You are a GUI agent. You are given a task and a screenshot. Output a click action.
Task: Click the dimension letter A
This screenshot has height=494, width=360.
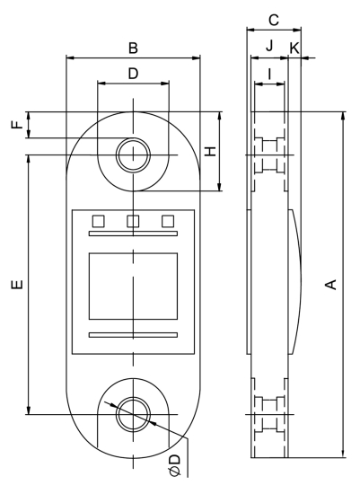(x=330, y=285)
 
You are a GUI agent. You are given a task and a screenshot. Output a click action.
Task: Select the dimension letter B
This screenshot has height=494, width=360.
(x=133, y=47)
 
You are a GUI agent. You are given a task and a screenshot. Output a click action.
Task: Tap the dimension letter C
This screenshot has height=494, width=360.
(x=274, y=18)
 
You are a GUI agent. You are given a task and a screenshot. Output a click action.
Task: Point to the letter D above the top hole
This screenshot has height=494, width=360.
(x=133, y=74)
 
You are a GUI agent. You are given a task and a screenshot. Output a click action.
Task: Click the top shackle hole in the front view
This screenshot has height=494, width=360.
(x=133, y=154)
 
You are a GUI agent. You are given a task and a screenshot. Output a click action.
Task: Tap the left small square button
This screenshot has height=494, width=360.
(x=99, y=220)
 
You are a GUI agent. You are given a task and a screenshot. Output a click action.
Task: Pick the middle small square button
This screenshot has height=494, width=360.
(x=133, y=220)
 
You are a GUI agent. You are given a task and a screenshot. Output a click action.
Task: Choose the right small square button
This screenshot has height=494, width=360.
(x=167, y=220)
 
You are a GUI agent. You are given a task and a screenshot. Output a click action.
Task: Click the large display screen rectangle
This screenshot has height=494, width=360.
(x=133, y=285)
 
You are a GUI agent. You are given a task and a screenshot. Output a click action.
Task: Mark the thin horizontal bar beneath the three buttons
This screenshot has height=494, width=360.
(x=133, y=235)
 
